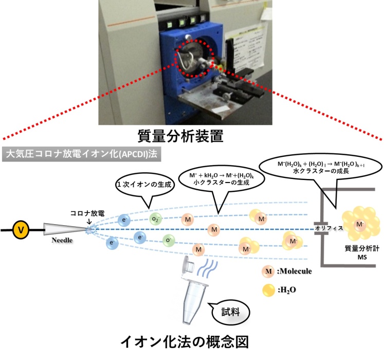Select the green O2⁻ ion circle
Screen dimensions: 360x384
click(x=156, y=219)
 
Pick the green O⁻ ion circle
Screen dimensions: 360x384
click(x=168, y=241)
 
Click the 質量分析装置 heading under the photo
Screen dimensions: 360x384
click(x=192, y=136)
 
